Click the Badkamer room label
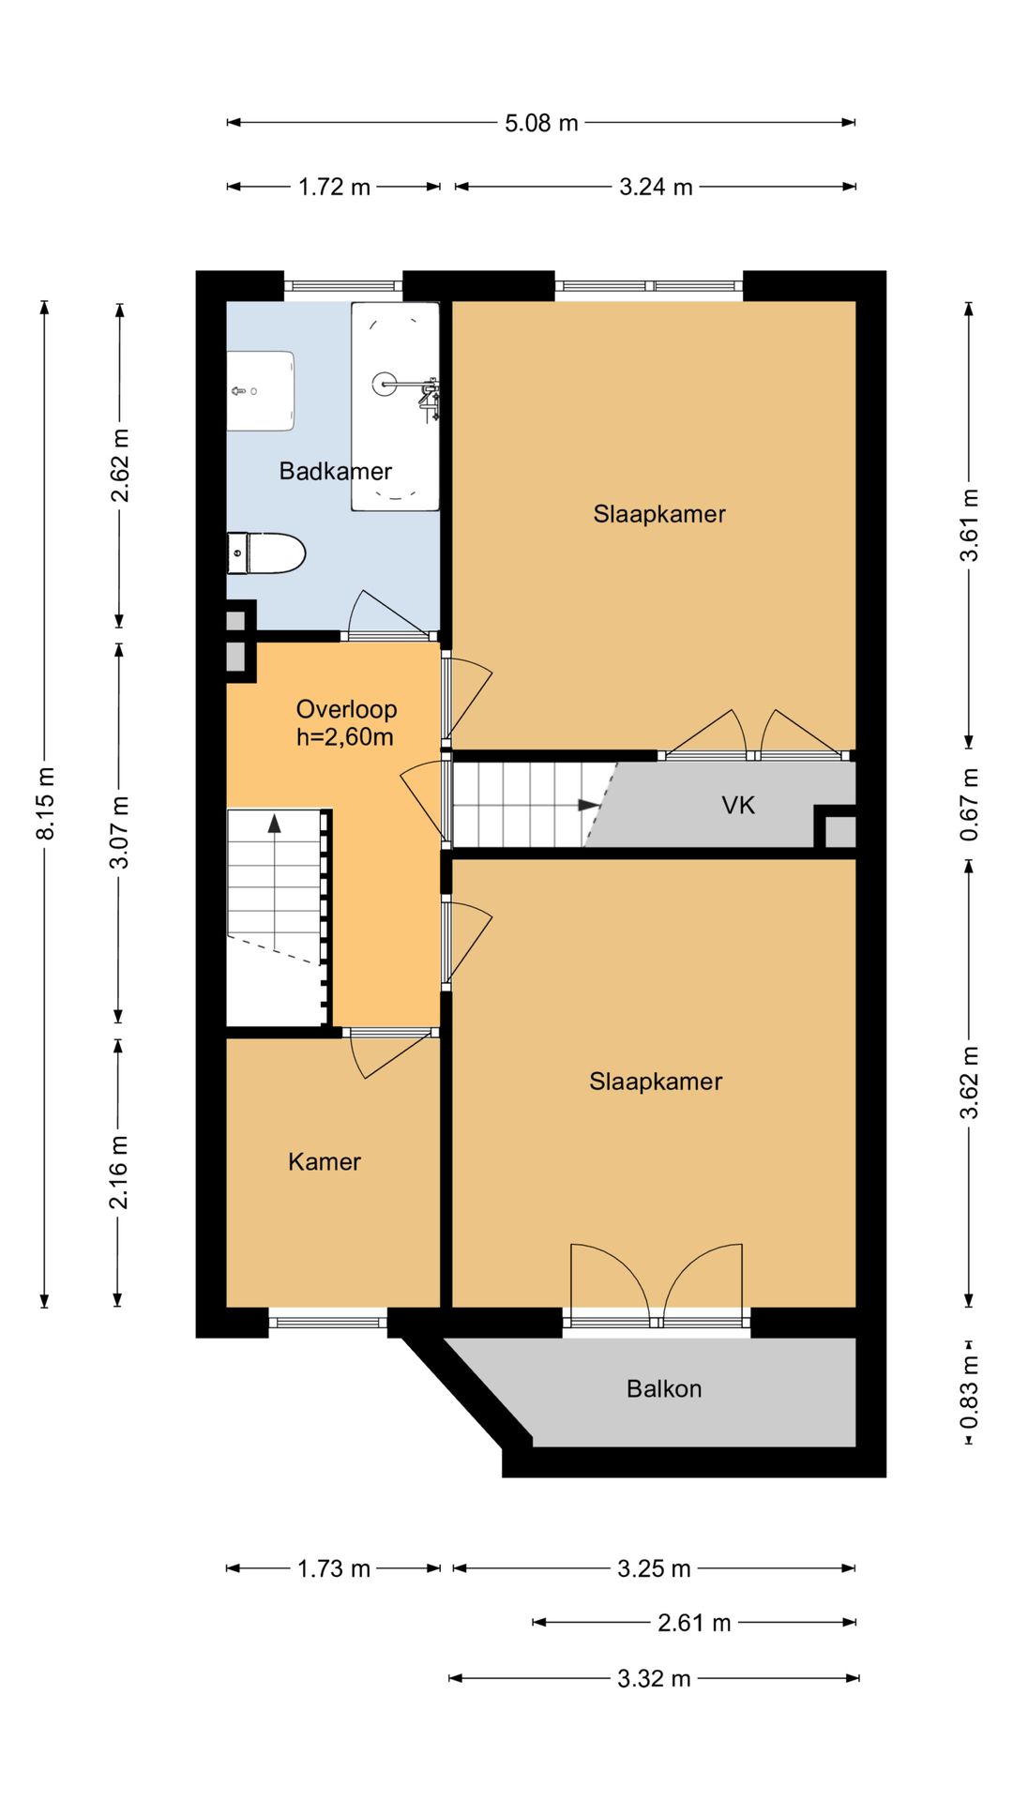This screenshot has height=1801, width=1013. click(x=335, y=471)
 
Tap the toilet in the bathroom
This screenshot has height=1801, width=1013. click(x=266, y=552)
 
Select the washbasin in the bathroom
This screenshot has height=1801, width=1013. click(x=261, y=391)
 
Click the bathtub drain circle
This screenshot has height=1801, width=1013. click(x=385, y=383)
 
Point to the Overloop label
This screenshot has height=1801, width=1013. click(x=346, y=709)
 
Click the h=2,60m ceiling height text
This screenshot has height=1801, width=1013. click(x=344, y=737)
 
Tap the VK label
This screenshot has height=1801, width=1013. click(x=738, y=805)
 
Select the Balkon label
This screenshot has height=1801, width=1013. click(x=664, y=1388)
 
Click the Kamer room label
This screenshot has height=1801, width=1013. click(x=325, y=1161)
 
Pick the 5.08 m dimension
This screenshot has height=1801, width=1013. click(x=541, y=123)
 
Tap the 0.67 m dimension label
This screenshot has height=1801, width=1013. click(x=970, y=805)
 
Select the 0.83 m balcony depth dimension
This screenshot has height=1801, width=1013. click(x=970, y=1392)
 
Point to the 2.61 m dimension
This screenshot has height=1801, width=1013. click(x=694, y=1623)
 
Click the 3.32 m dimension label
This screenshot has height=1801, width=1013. click(x=654, y=1678)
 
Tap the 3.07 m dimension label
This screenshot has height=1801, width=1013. click(x=120, y=832)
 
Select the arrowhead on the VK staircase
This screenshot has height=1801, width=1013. click(x=589, y=805)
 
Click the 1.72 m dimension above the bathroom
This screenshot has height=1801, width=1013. click(x=334, y=187)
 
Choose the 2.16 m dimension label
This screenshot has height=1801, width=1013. click(x=119, y=1172)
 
